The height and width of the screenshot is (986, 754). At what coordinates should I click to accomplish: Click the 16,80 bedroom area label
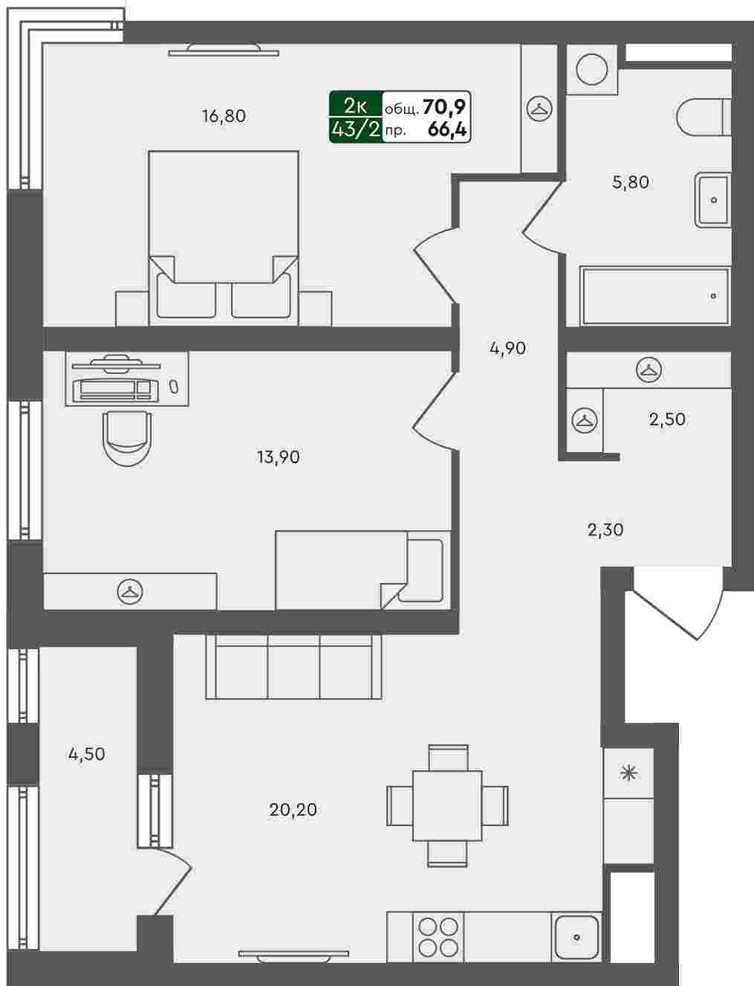pos(224,116)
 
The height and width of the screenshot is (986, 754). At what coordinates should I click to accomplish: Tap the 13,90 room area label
pos(279,457)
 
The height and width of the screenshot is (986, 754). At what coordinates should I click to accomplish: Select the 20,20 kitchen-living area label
pos(293,810)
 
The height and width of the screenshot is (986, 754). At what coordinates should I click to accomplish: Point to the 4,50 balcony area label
pos(87,754)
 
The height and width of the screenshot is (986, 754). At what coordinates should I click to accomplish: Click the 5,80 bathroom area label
pos(630,182)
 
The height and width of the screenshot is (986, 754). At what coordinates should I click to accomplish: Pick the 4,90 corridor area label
pos(507,349)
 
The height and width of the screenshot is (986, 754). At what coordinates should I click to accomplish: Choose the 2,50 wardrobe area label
pos(667,419)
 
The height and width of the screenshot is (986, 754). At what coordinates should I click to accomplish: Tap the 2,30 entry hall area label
pos(605,529)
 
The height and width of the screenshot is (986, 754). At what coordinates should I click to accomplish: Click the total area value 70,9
pos(444,108)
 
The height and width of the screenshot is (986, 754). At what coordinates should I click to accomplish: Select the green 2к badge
pos(356,106)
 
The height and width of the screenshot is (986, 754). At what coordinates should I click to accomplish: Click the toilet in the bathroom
pos(703,117)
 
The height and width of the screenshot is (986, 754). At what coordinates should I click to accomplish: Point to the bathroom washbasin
pos(712,199)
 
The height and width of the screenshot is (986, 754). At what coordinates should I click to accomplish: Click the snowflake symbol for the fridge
pos(629,773)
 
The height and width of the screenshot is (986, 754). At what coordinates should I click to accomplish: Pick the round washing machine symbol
pos(591,69)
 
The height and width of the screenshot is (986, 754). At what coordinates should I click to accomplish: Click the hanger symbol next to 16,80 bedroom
pos(539,109)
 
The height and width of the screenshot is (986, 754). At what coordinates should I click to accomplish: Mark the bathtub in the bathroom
pos(655,296)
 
